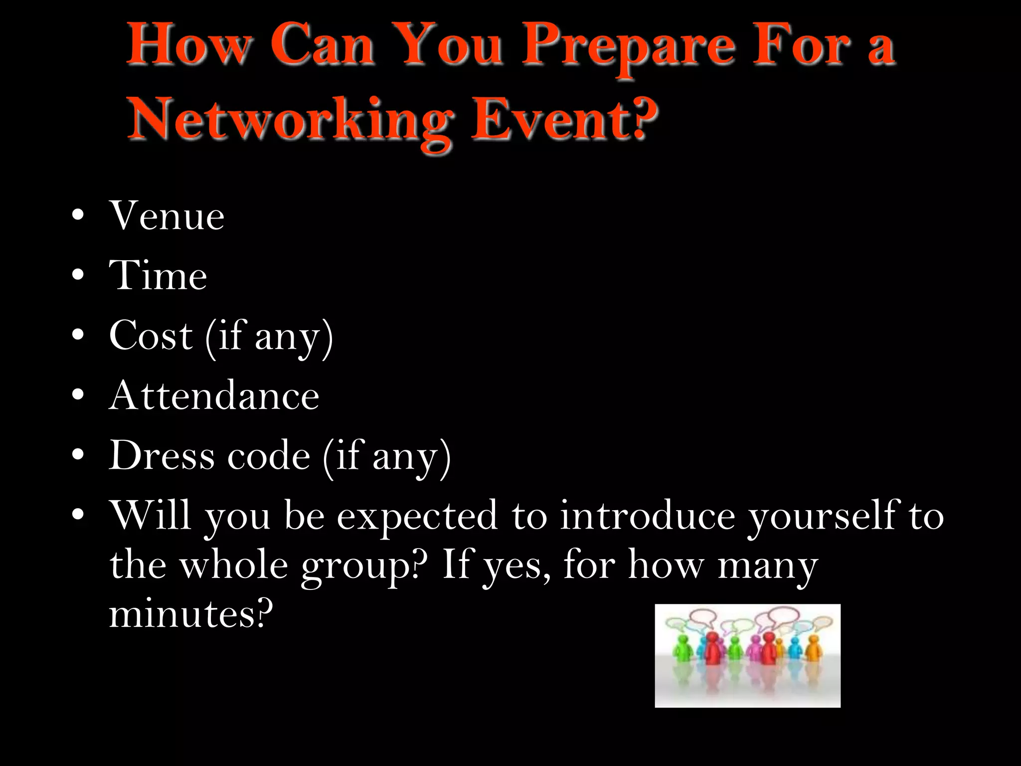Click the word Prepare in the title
[628, 47]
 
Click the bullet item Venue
[167, 216]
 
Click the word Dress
[162, 455]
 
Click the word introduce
[647, 515]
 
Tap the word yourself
[823, 515]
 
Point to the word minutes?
[191, 613]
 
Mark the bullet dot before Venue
[78, 215]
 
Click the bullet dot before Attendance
[78, 395]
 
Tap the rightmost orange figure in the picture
[813, 648]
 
